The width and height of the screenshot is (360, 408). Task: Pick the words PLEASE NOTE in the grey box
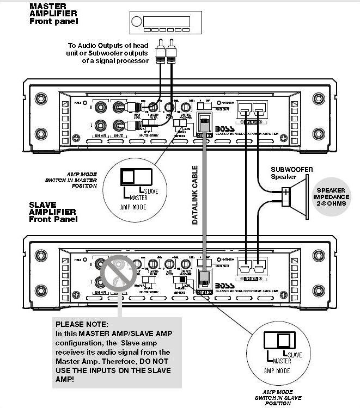click(x=82, y=324)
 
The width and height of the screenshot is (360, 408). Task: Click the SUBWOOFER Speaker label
click(x=292, y=172)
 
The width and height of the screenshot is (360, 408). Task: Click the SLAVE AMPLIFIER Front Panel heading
click(x=53, y=212)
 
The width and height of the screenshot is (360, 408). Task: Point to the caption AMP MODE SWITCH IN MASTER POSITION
click(x=77, y=180)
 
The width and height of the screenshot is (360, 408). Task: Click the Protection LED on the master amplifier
click(x=219, y=102)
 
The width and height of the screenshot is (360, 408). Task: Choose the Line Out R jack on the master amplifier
click(x=101, y=108)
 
